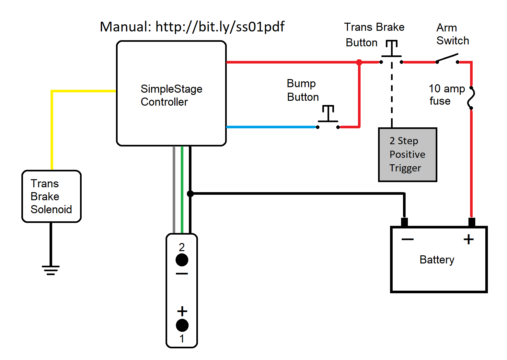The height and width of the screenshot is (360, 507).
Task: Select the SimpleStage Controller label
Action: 171,95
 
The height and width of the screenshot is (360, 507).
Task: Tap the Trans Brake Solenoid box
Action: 51,196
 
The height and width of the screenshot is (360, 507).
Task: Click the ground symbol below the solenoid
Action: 51,270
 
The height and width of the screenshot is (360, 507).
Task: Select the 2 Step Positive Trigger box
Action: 408,155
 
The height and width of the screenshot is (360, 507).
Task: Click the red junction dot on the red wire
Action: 359,62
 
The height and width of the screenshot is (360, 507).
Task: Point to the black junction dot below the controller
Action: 190,194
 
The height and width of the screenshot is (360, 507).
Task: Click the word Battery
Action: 437,260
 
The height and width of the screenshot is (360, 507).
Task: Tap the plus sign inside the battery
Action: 468,239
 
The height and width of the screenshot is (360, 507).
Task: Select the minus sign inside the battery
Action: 408,239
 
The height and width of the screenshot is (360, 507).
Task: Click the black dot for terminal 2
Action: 182,260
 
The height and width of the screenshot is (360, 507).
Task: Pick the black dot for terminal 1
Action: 182,325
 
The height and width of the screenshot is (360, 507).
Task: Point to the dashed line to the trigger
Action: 392,94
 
